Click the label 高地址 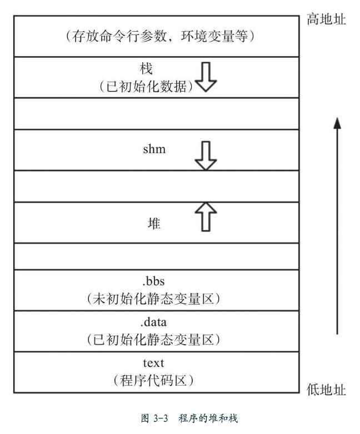pyautogui.click(x=326, y=20)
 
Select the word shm pyautogui.click(x=154, y=149)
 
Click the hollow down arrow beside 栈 pyautogui.click(x=206, y=78)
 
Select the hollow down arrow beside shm pyautogui.click(x=206, y=156)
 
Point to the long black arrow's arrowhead pyautogui.click(x=337, y=123)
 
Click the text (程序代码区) pyautogui.click(x=154, y=381)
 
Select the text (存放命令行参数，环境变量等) pyautogui.click(x=159, y=37)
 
